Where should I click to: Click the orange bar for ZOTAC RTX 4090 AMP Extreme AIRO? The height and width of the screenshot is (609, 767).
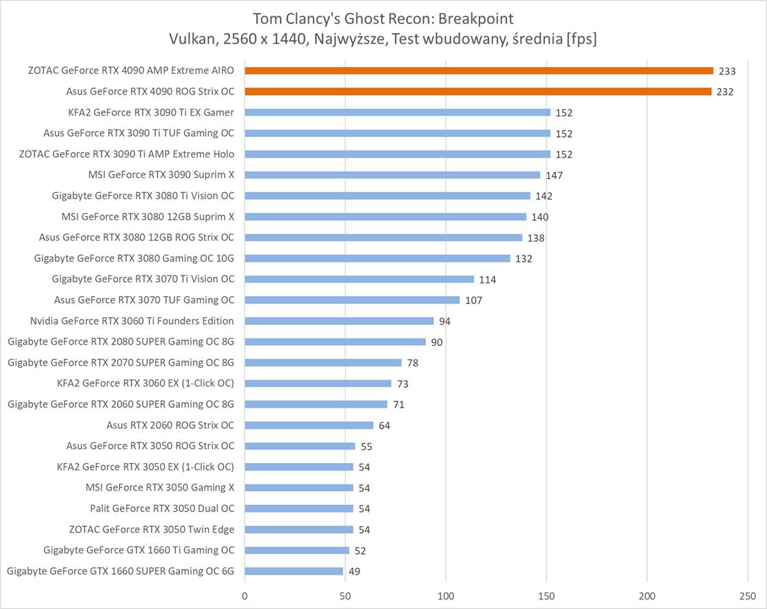[x=479, y=71]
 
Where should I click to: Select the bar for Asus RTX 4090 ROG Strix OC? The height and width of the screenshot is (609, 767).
[x=478, y=91]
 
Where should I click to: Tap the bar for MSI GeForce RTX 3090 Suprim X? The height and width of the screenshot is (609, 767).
[x=392, y=175]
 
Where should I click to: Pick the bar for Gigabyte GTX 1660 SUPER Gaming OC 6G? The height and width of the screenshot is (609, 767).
[x=294, y=571]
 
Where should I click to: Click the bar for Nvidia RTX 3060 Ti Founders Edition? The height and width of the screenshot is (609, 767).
[x=339, y=321]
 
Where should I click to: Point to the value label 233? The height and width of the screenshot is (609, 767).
[x=727, y=71]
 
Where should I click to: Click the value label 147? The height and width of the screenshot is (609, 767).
[x=554, y=175]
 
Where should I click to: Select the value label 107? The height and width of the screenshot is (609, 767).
[x=474, y=300]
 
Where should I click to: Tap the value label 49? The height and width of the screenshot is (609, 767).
[x=354, y=571]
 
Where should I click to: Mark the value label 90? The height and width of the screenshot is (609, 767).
[x=436, y=342]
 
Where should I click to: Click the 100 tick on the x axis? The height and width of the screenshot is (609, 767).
[x=447, y=595]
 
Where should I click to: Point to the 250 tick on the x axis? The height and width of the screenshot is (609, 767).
[x=749, y=595]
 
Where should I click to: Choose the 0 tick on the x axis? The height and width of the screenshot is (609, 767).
[x=244, y=595]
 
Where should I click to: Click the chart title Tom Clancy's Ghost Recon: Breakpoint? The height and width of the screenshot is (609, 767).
[x=383, y=18]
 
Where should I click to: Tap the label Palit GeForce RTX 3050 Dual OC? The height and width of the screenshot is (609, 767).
[x=162, y=508]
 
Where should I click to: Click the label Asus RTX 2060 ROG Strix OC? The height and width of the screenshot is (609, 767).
[x=171, y=425]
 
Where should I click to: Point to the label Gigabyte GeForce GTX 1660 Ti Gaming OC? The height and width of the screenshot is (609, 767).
[x=138, y=549]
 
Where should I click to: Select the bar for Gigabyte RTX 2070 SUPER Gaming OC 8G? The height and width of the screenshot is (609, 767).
[x=323, y=362]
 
